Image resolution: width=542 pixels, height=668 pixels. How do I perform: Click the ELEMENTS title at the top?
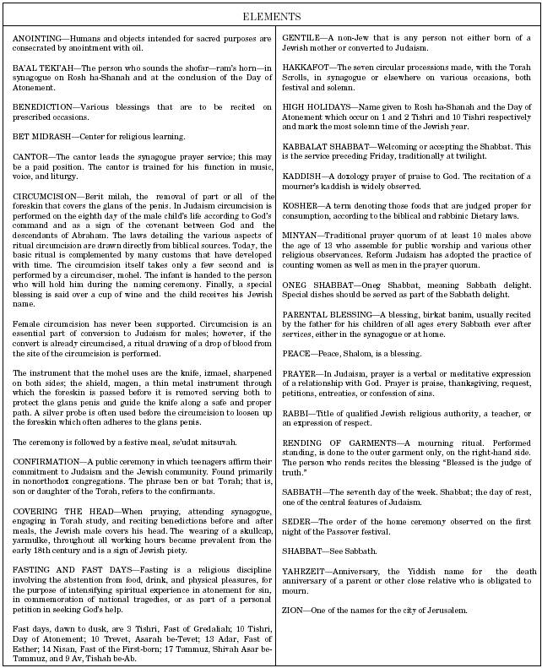pos(271,17)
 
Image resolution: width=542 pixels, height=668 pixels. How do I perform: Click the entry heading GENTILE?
pos(301,40)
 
